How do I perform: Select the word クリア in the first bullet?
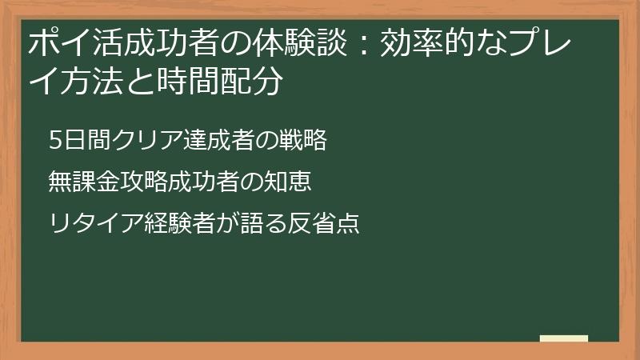pyautogui.click(x=134, y=140)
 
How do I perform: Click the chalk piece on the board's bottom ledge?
pyautogui.click(x=564, y=338)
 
